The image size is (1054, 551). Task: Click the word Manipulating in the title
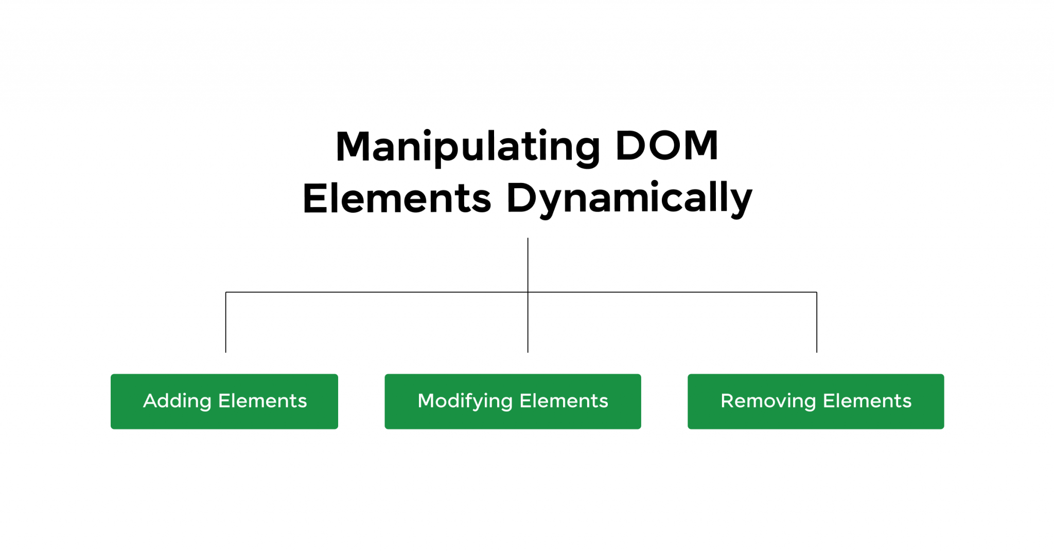[x=467, y=147]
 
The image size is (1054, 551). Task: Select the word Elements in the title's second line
[x=397, y=198]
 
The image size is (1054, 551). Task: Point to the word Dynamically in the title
[x=629, y=198]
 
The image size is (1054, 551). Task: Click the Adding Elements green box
[x=224, y=401]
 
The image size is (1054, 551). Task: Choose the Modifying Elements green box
[x=513, y=401]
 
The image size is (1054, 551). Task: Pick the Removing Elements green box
[x=816, y=401]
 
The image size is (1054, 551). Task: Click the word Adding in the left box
[x=177, y=401]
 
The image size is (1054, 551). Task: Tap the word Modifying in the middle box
[x=465, y=401]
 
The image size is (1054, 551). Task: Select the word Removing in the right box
[x=768, y=401]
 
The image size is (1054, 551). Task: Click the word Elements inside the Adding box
[x=262, y=401]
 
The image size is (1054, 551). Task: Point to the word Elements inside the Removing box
[x=867, y=401]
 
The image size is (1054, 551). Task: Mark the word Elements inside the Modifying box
[x=564, y=401]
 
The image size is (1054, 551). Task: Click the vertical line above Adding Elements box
[x=226, y=324]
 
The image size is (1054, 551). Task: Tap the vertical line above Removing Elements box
[x=817, y=324]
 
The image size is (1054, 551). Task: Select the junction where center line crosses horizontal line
[x=528, y=292]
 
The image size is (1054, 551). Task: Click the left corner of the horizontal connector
[x=226, y=292]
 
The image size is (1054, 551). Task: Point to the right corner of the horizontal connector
[x=817, y=292]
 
